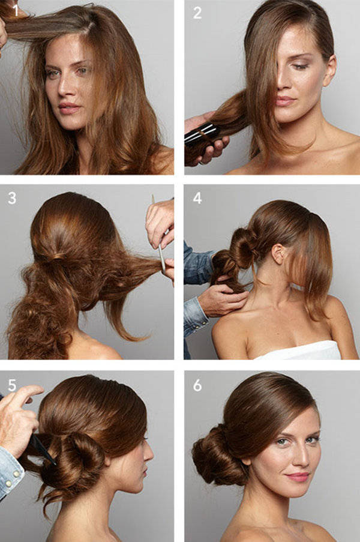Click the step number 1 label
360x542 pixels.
click(16, 11)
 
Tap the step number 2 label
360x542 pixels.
click(197, 13)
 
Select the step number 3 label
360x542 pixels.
click(12, 198)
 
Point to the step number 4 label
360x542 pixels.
click(197, 198)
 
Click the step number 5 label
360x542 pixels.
click(12, 385)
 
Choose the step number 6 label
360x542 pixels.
click(197, 385)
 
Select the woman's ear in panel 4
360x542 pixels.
click(278, 254)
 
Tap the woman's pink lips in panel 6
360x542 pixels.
click(298, 477)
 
